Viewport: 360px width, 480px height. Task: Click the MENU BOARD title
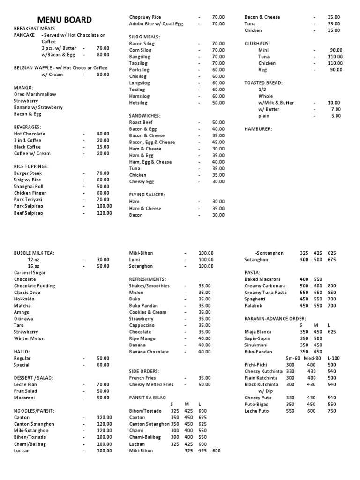(x=65, y=20)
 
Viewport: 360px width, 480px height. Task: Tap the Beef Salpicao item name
(x=28, y=213)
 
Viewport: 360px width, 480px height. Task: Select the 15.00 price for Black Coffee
(x=103, y=147)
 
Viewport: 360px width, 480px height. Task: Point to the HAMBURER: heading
(x=258, y=129)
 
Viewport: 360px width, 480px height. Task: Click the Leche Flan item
(x=25, y=384)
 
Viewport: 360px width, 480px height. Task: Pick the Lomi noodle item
(x=135, y=259)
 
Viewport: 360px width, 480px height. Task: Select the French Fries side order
(x=143, y=378)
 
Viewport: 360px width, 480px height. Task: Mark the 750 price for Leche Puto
(x=332, y=411)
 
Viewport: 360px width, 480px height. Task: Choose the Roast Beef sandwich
(x=141, y=122)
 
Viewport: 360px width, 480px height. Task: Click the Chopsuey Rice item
(x=145, y=17)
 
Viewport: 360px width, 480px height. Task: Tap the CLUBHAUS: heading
(x=257, y=43)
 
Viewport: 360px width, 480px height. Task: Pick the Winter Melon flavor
(x=29, y=338)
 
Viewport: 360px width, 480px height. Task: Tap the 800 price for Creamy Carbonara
(x=332, y=285)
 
